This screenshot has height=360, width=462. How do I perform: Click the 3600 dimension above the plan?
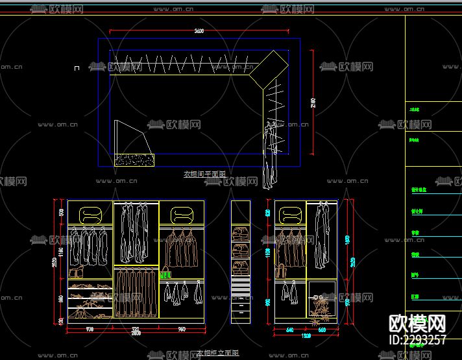tap(199, 31)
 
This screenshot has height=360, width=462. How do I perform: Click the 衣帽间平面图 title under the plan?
tap(204, 174)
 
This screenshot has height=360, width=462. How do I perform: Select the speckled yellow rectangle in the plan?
tap(135, 160)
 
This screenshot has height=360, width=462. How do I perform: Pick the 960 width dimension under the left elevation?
tap(182, 329)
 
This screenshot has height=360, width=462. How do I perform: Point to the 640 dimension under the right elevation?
tap(289, 329)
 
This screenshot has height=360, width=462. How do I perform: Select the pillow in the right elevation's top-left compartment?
tap(290, 213)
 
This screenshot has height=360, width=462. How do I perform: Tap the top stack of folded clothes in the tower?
tap(241, 232)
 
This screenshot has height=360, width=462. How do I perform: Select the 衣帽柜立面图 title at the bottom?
tap(219, 353)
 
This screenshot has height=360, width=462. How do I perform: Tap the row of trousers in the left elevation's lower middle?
tap(136, 292)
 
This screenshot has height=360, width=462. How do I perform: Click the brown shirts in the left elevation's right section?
tap(181, 248)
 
